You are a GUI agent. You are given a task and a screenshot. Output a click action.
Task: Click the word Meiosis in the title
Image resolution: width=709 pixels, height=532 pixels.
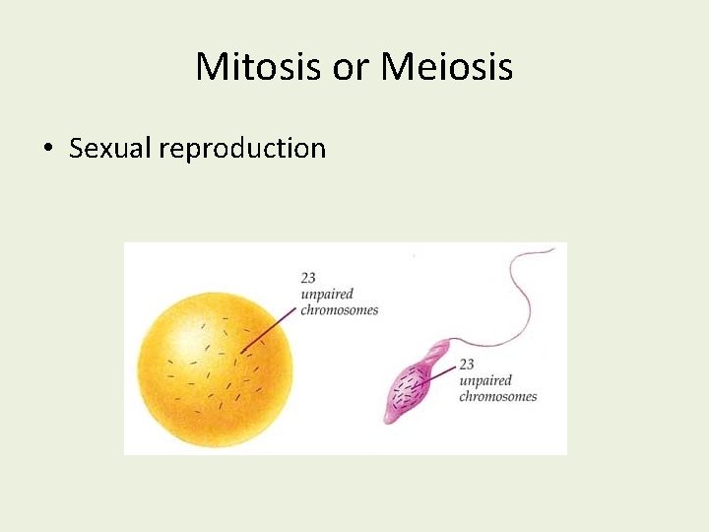pyautogui.click(x=446, y=67)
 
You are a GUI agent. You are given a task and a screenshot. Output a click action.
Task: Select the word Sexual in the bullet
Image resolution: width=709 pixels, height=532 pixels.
pyautogui.click(x=110, y=148)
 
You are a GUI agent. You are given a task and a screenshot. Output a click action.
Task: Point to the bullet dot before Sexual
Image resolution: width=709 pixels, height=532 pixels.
pyautogui.click(x=47, y=149)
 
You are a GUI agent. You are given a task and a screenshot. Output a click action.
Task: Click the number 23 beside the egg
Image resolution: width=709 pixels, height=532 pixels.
pyautogui.click(x=309, y=280)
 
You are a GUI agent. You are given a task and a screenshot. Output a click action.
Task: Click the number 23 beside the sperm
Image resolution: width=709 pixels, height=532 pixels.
pyautogui.click(x=467, y=365)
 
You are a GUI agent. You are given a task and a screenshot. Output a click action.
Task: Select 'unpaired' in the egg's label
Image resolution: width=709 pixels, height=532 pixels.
pyautogui.click(x=326, y=295)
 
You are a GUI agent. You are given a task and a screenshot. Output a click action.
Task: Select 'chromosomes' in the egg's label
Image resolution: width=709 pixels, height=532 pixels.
pyautogui.click(x=340, y=310)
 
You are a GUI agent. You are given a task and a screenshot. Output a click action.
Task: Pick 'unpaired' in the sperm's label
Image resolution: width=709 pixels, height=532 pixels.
pyautogui.click(x=485, y=380)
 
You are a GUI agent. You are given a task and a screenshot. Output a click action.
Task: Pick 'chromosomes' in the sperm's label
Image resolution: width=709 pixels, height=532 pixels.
pyautogui.click(x=498, y=396)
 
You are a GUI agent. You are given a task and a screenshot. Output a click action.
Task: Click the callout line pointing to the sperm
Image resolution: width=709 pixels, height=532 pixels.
pyautogui.click(x=438, y=375)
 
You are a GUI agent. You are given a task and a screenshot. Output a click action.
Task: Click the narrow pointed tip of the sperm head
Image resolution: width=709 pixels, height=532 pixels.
pyautogui.click(x=390, y=419)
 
